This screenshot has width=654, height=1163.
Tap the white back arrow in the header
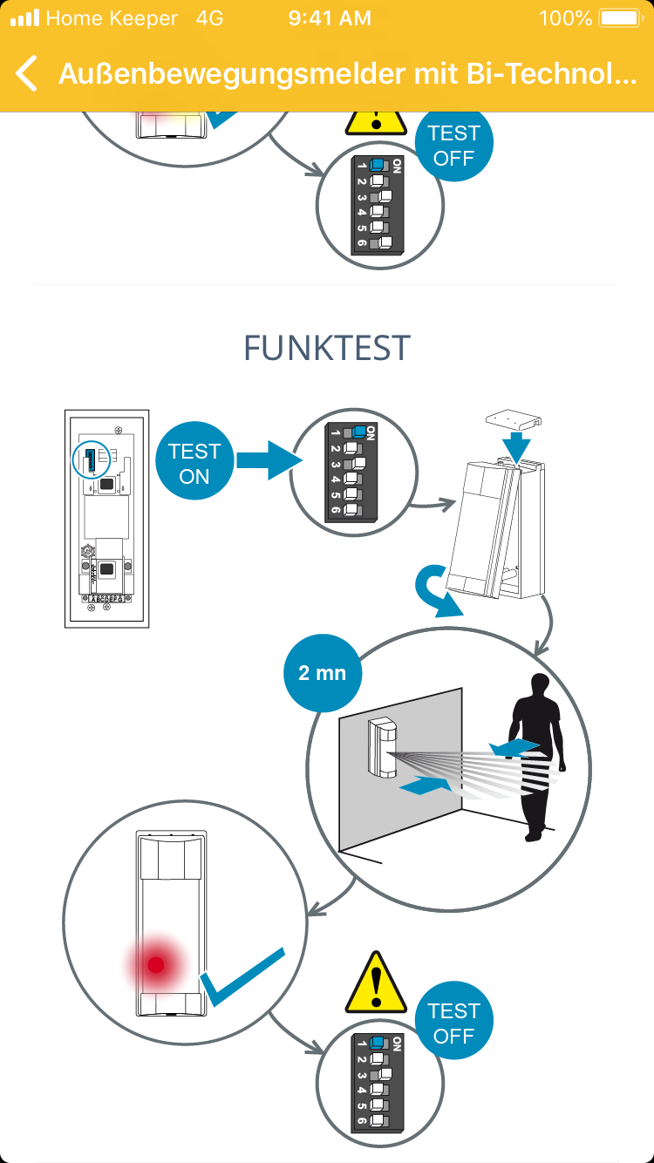click(27, 74)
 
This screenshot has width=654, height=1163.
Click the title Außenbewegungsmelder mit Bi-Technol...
click(347, 74)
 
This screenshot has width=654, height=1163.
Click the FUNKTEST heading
click(327, 348)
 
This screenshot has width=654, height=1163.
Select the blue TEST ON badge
click(194, 464)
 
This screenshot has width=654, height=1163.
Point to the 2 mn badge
click(323, 673)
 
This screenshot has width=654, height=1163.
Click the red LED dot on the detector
click(156, 964)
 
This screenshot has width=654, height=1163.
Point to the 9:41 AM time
click(330, 18)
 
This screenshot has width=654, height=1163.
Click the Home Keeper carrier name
click(112, 18)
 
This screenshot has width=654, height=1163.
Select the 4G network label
click(209, 18)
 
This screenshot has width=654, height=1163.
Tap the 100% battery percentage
click(565, 18)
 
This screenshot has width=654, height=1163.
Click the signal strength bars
click(25, 18)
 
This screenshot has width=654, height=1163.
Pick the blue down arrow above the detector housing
click(516, 447)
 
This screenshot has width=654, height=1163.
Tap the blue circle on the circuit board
click(90, 459)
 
